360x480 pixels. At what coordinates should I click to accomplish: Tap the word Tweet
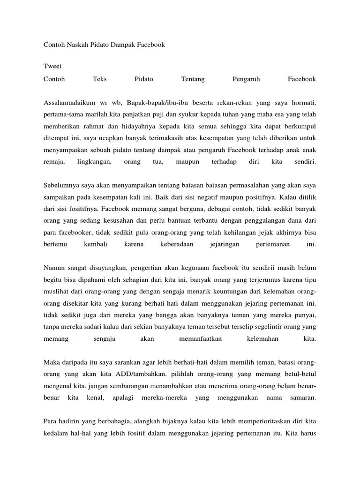click(x=52, y=66)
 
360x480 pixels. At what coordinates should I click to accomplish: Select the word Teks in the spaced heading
click(x=100, y=79)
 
